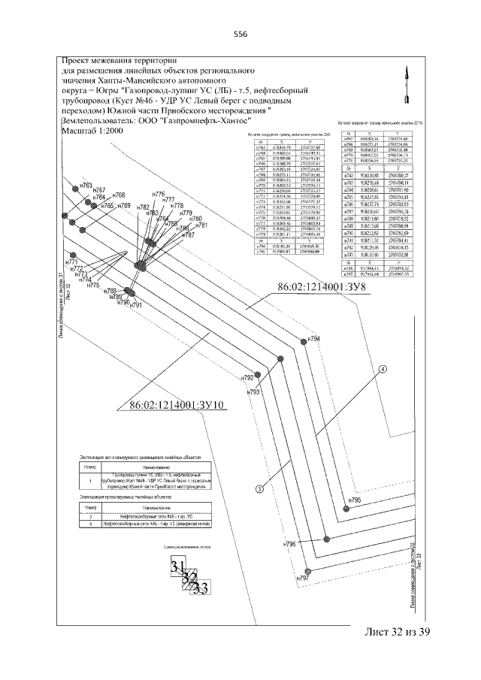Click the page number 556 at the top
pyautogui.click(x=240, y=34)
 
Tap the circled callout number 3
pyautogui.click(x=260, y=489)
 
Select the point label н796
pyautogui.click(x=291, y=542)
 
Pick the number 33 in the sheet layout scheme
pyautogui.click(x=200, y=588)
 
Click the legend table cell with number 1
pyautogui.click(x=90, y=482)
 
